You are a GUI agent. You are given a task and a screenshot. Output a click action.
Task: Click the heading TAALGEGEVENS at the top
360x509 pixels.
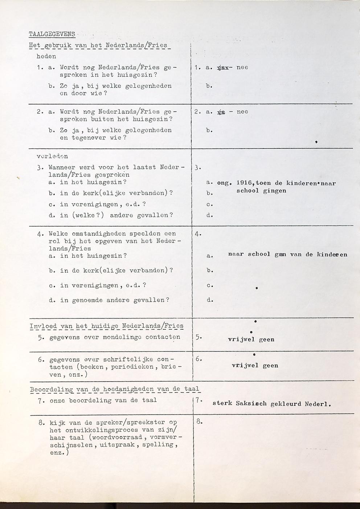[x=52, y=34]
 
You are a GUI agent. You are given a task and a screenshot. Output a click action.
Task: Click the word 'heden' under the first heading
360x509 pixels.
[x=46, y=57]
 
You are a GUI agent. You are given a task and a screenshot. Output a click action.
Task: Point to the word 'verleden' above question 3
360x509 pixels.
[x=52, y=156]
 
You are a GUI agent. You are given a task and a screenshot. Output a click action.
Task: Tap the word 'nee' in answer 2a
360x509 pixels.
[x=242, y=112]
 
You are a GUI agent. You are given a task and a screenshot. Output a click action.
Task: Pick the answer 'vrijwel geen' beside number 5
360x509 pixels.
[x=251, y=340]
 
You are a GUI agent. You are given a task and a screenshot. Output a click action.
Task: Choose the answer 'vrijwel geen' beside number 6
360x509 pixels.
[x=255, y=366]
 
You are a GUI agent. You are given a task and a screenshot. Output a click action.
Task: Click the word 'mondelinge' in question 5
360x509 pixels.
[x=122, y=337]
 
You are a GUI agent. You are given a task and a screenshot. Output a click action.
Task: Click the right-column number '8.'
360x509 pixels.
[x=199, y=422]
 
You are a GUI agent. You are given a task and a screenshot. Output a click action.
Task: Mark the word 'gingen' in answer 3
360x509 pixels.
[x=274, y=191]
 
